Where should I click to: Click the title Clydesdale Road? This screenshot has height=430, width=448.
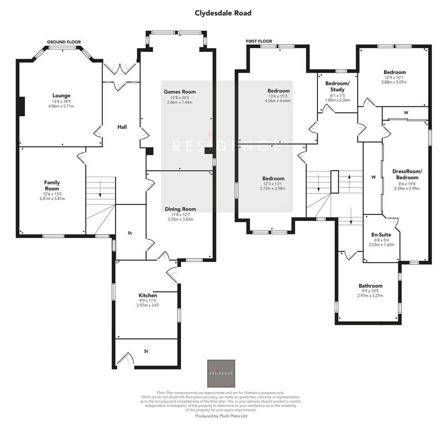223,13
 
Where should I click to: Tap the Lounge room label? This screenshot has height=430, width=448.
61,96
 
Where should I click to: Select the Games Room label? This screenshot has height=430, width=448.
180,92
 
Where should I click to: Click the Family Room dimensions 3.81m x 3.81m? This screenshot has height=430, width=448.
52,198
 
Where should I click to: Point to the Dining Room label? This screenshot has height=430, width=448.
180,209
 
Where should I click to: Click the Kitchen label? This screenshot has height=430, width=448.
147,295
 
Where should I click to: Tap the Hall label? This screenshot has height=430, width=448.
122,127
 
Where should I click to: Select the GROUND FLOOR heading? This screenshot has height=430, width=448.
64,42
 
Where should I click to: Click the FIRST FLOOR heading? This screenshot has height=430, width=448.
259,41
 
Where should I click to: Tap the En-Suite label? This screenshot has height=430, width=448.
381,235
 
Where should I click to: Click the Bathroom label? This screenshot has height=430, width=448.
370,286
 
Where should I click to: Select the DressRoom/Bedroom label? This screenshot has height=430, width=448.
407,174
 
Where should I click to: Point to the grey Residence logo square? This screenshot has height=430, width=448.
221,373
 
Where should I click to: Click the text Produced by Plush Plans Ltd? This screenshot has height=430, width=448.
221,416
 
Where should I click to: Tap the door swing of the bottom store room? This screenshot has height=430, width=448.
127,358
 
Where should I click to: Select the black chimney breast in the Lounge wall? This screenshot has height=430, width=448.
22,106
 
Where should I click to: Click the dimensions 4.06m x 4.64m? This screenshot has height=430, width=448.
278,101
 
